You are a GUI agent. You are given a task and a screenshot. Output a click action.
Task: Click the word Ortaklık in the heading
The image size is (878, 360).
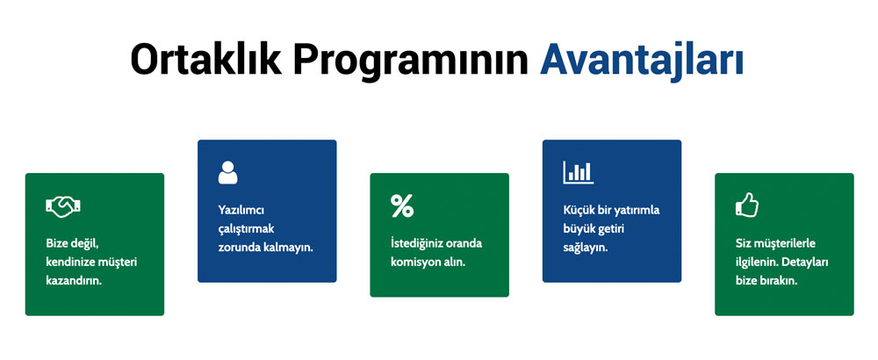pyautogui.click(x=206, y=59)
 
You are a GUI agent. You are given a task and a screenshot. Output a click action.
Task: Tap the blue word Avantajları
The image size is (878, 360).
pyautogui.click(x=641, y=61)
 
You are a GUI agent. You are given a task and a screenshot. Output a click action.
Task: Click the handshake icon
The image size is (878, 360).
pyautogui.click(x=62, y=206)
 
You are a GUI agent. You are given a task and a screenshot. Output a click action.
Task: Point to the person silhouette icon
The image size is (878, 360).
pyautogui.click(x=228, y=172)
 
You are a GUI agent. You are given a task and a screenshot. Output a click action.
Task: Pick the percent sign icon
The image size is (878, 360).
pyautogui.click(x=402, y=205)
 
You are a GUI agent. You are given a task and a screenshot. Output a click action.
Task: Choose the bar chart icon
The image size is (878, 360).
pyautogui.click(x=579, y=172)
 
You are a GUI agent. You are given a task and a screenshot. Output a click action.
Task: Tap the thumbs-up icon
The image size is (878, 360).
pyautogui.click(x=747, y=205)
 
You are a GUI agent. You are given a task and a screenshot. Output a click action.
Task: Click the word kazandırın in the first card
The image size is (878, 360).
pyautogui.click(x=74, y=280)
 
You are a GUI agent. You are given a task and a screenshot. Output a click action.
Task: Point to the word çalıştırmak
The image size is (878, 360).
pyautogui.click(x=246, y=229)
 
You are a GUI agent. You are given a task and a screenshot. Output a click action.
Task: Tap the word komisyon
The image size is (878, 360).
pyautogui.click(x=414, y=262)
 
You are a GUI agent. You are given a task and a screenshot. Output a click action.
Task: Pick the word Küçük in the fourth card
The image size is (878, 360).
pyautogui.click(x=577, y=211)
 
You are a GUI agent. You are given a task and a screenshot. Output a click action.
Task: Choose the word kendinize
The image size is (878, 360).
pyautogui.click(x=70, y=262)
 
